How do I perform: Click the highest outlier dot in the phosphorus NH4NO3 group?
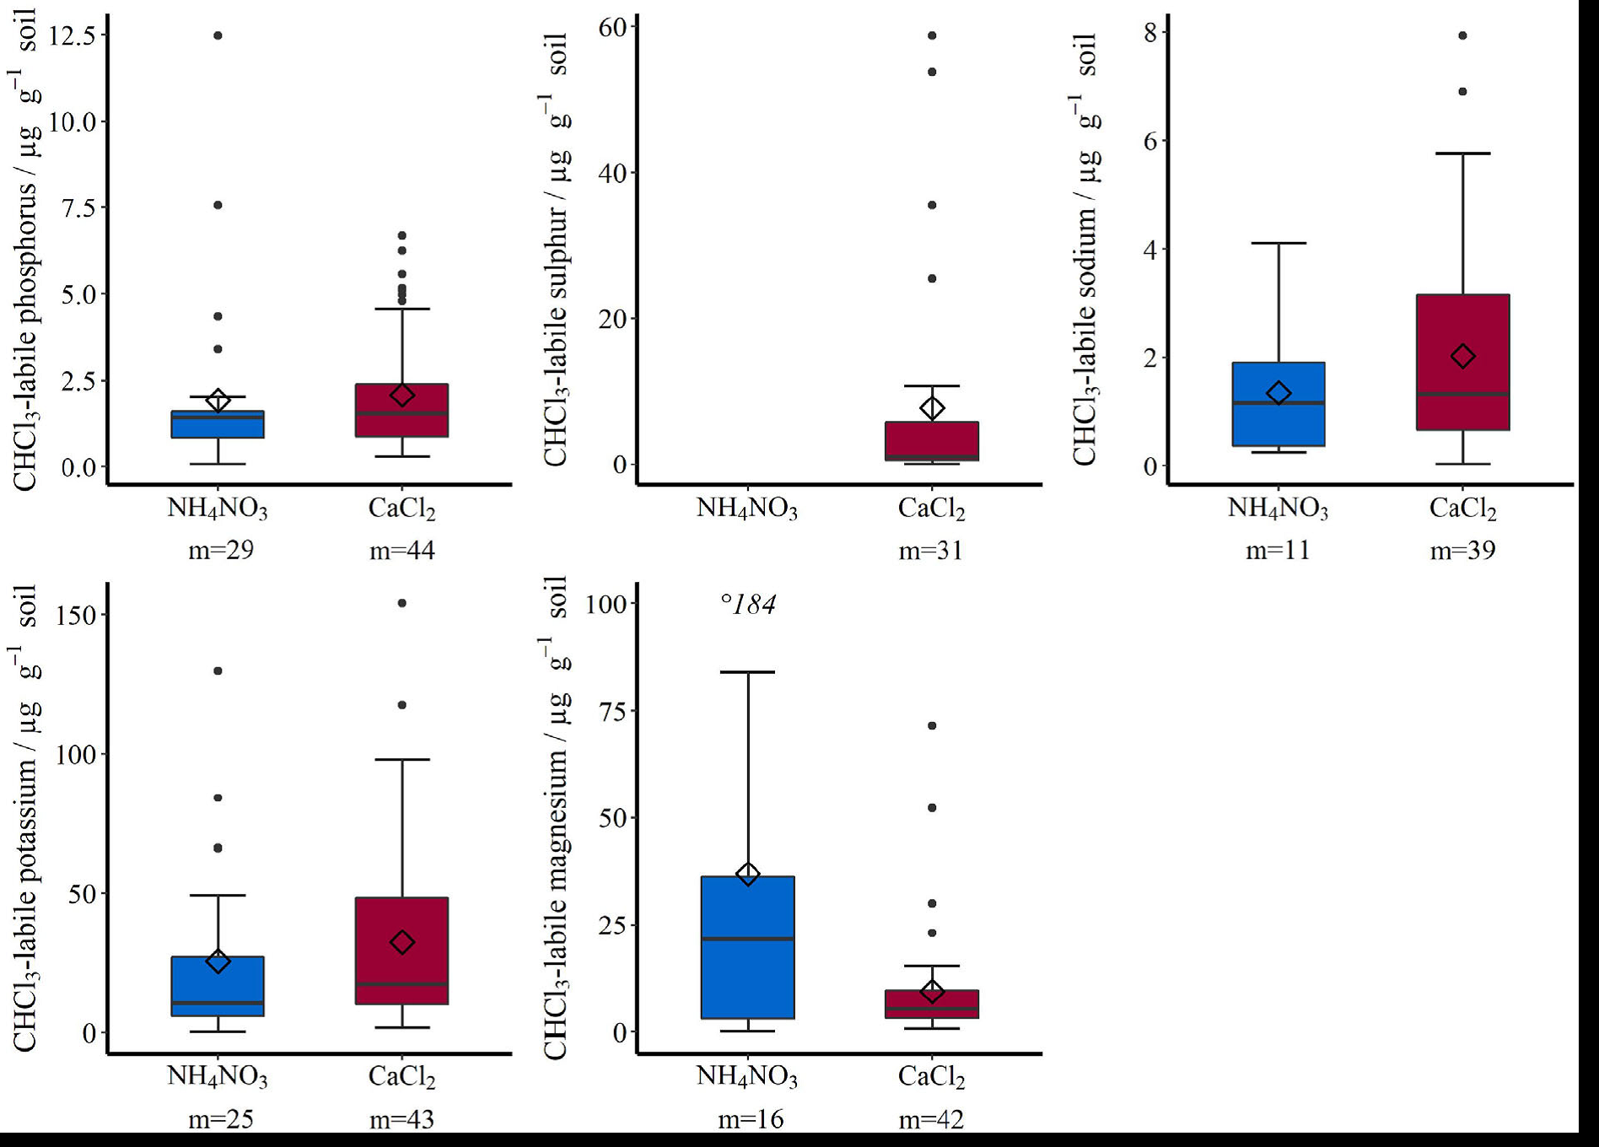tap(218, 35)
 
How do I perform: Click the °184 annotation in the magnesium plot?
tap(748, 604)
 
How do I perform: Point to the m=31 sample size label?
tap(930, 551)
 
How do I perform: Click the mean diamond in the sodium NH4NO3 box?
tap(1279, 393)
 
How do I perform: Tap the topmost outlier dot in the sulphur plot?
tap(932, 35)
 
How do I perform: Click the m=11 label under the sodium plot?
tap(1278, 551)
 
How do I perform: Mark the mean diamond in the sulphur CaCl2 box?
tap(932, 408)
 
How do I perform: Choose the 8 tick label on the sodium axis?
tap(1150, 32)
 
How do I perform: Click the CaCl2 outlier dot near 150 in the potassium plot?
tap(402, 603)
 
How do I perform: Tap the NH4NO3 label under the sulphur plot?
tap(746, 509)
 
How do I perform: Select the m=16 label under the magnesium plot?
tap(751, 1119)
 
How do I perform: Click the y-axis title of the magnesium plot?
tap(556, 818)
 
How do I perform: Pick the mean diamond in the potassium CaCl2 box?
tap(402, 942)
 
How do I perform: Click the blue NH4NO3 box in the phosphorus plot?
tap(218, 424)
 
